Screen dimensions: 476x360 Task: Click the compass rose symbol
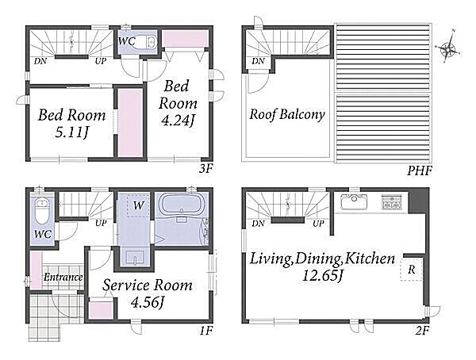(448, 47)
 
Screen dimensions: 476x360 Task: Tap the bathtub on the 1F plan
(181, 205)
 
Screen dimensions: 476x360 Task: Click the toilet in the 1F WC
(42, 211)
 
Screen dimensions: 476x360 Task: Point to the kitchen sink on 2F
(351, 201)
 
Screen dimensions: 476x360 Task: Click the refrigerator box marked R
(411, 270)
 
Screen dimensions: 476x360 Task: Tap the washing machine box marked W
(138, 205)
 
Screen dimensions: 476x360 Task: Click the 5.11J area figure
(71, 132)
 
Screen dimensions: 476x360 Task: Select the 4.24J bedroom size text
(177, 121)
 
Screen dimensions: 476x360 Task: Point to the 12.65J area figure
(322, 275)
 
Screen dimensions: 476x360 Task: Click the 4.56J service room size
(148, 302)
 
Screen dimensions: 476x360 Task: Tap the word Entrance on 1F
(63, 277)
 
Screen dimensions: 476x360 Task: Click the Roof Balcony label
(287, 114)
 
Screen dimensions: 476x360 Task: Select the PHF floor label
(419, 171)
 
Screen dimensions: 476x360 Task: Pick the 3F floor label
(205, 169)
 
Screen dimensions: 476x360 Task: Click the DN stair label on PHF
(258, 61)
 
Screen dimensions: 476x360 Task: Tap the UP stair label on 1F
(101, 224)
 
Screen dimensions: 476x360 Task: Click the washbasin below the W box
(134, 257)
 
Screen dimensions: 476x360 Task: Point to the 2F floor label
(422, 331)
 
